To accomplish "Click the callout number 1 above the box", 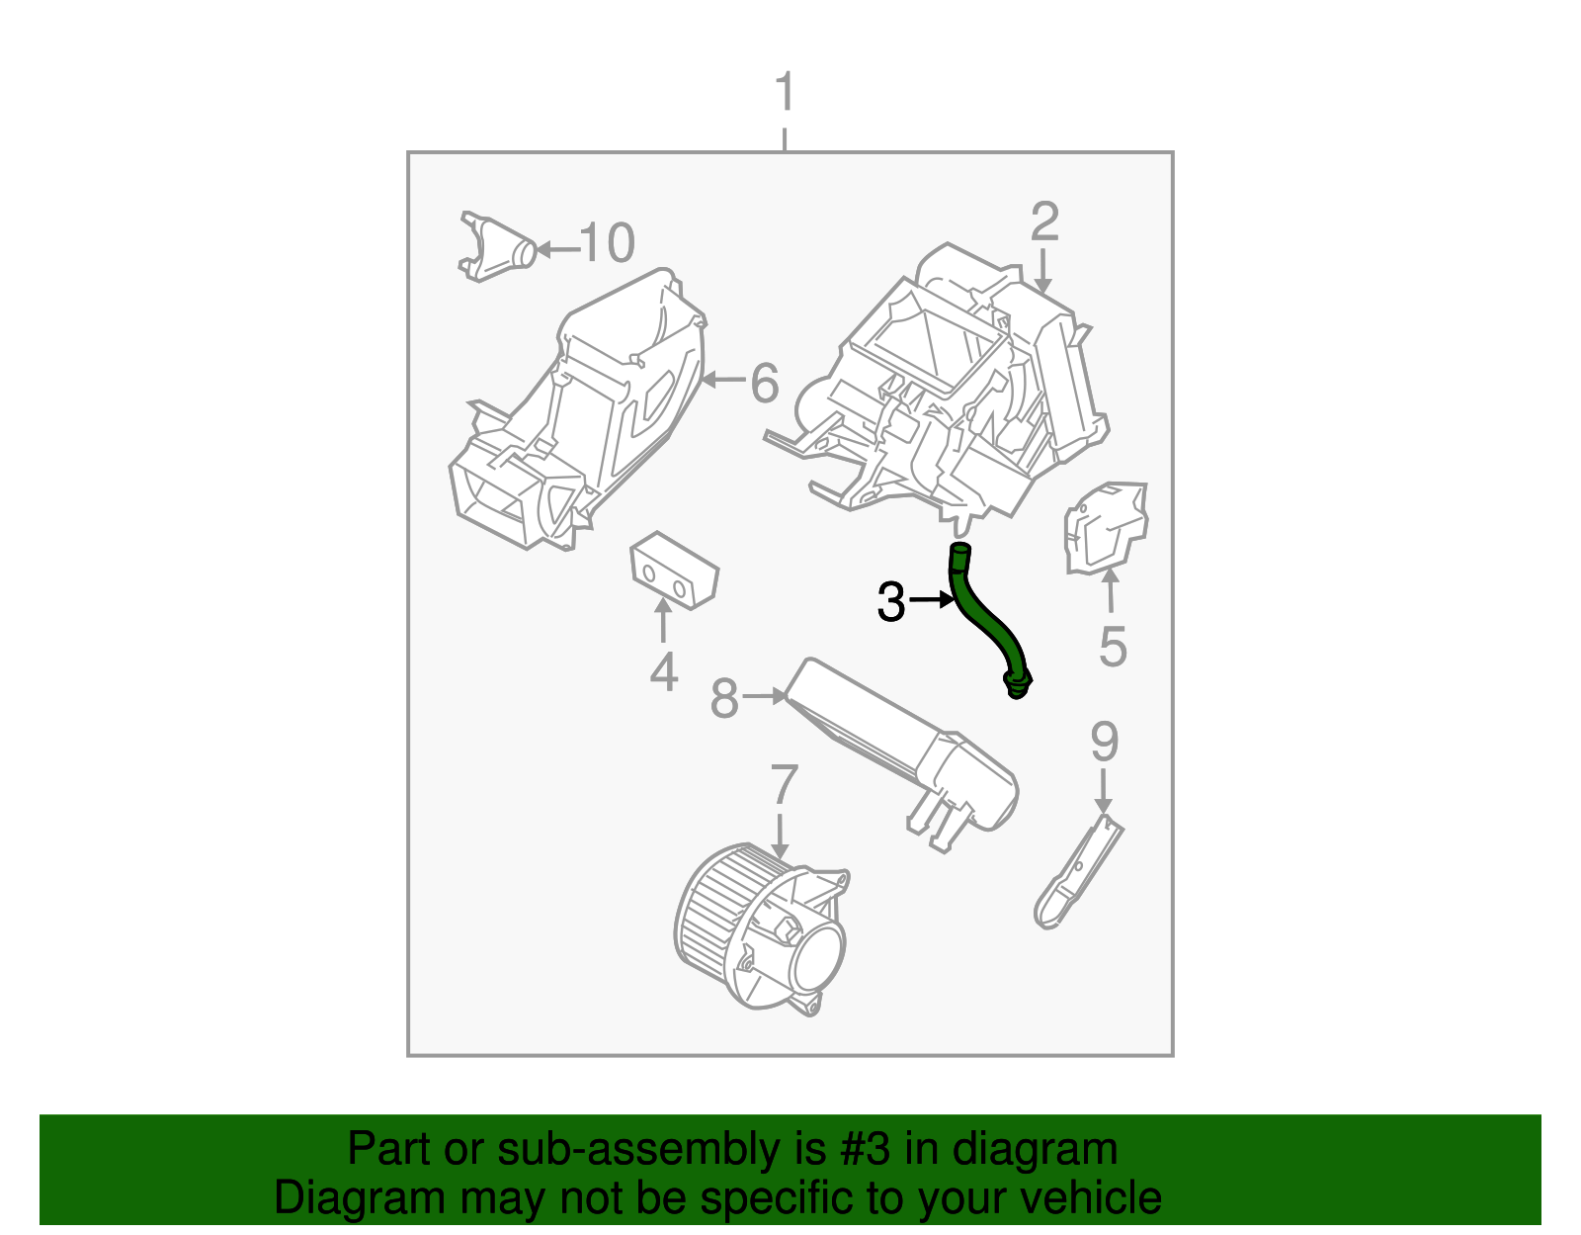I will click(x=785, y=93).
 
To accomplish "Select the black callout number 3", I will click(x=890, y=602).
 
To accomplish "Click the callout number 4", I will click(x=663, y=672).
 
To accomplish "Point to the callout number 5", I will click(x=1113, y=647).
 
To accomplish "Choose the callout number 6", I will click(x=764, y=383).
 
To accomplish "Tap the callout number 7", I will click(x=783, y=785).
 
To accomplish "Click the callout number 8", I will click(x=724, y=699).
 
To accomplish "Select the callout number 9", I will click(x=1104, y=742).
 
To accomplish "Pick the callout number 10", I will click(x=607, y=243).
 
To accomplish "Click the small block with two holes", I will click(x=673, y=573).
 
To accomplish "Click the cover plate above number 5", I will click(x=1106, y=526).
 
